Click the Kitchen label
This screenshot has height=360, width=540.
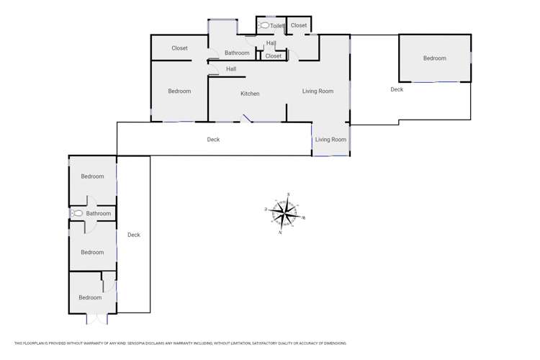click(250, 94)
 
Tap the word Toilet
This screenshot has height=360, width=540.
click(277, 26)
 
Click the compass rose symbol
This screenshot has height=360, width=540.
click(286, 213)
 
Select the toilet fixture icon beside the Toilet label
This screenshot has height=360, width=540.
click(264, 26)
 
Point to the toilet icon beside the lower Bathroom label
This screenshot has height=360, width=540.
click(78, 214)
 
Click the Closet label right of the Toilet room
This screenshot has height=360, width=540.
click(299, 26)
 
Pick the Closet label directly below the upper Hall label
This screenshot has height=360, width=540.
click(274, 56)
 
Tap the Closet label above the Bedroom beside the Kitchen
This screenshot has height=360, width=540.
click(179, 48)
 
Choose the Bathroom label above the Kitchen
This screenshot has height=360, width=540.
click(237, 53)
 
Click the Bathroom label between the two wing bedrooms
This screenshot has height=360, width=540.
click(99, 214)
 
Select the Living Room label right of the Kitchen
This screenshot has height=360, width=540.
click(318, 91)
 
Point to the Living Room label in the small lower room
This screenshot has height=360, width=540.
click(330, 140)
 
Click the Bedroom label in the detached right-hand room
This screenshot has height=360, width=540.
click(434, 58)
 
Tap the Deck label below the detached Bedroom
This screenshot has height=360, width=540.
click(397, 90)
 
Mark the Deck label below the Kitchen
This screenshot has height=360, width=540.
click(213, 140)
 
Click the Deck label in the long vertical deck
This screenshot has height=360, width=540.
click(134, 235)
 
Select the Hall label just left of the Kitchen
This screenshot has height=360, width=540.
click(231, 69)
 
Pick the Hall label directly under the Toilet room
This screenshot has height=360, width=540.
click(271, 43)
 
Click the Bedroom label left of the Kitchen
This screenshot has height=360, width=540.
click(179, 91)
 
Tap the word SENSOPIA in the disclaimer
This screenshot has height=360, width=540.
click(127, 343)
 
